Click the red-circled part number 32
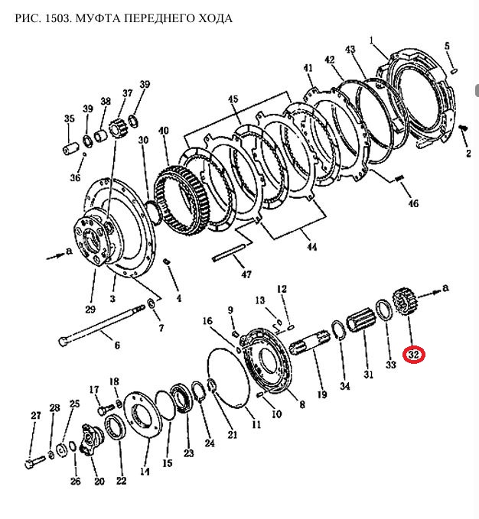(414, 355)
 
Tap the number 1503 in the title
(57, 18)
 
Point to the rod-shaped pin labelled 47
(230, 251)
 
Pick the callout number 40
(163, 131)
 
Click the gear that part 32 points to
(404, 300)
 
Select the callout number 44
(311, 247)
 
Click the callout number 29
(90, 309)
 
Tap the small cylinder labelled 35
(70, 148)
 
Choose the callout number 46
(413, 203)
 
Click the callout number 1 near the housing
(372, 41)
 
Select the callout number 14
(145, 472)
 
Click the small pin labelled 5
(455, 70)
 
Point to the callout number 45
(233, 99)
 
